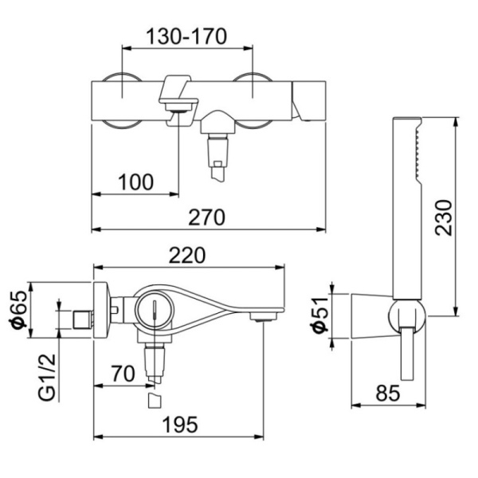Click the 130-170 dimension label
(186, 35)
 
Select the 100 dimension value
(135, 182)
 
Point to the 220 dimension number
(188, 255)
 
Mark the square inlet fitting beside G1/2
(80, 321)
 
